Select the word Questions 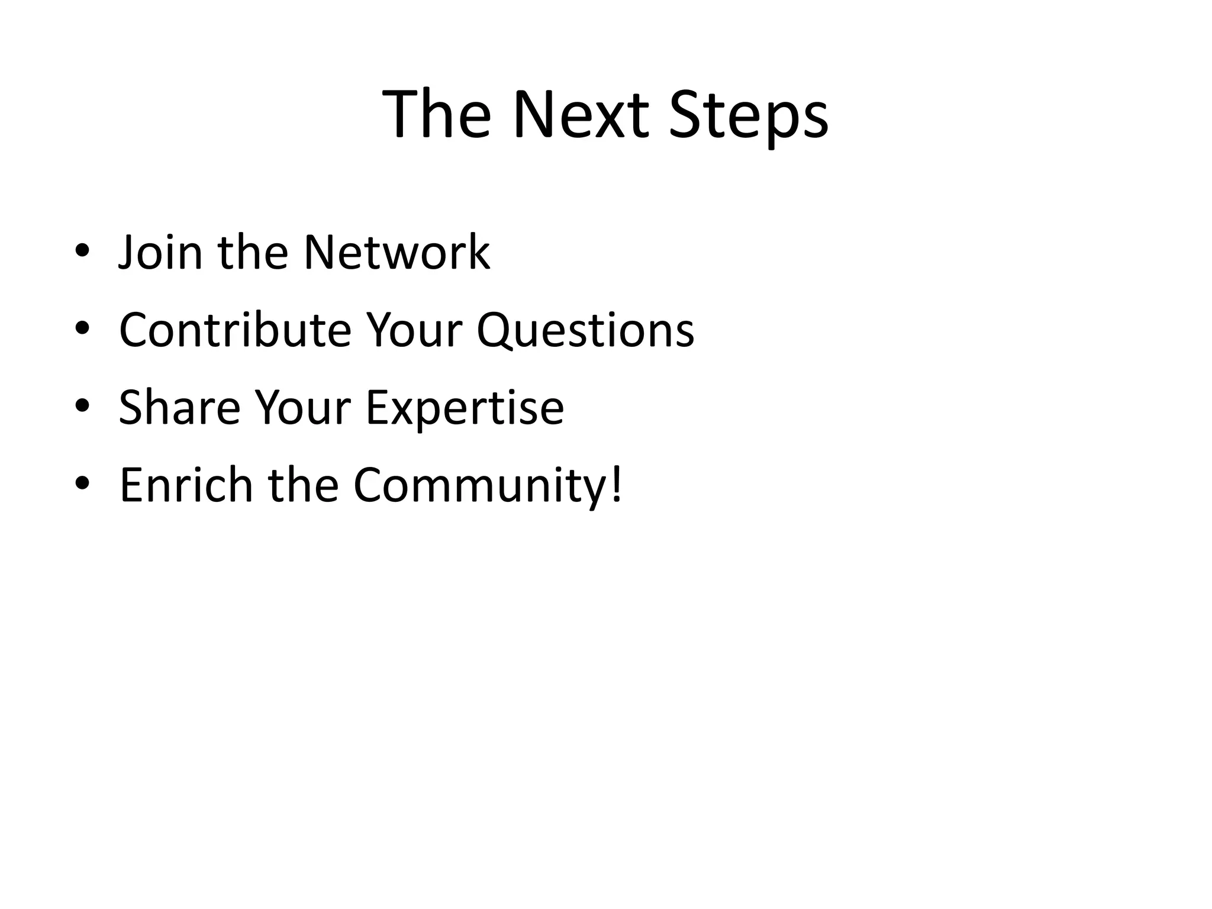585,330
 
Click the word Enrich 186,485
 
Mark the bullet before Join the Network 82,251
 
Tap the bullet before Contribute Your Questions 82,328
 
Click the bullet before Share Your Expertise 82,406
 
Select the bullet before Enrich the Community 82,483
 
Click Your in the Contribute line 414,330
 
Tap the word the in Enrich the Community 303,485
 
